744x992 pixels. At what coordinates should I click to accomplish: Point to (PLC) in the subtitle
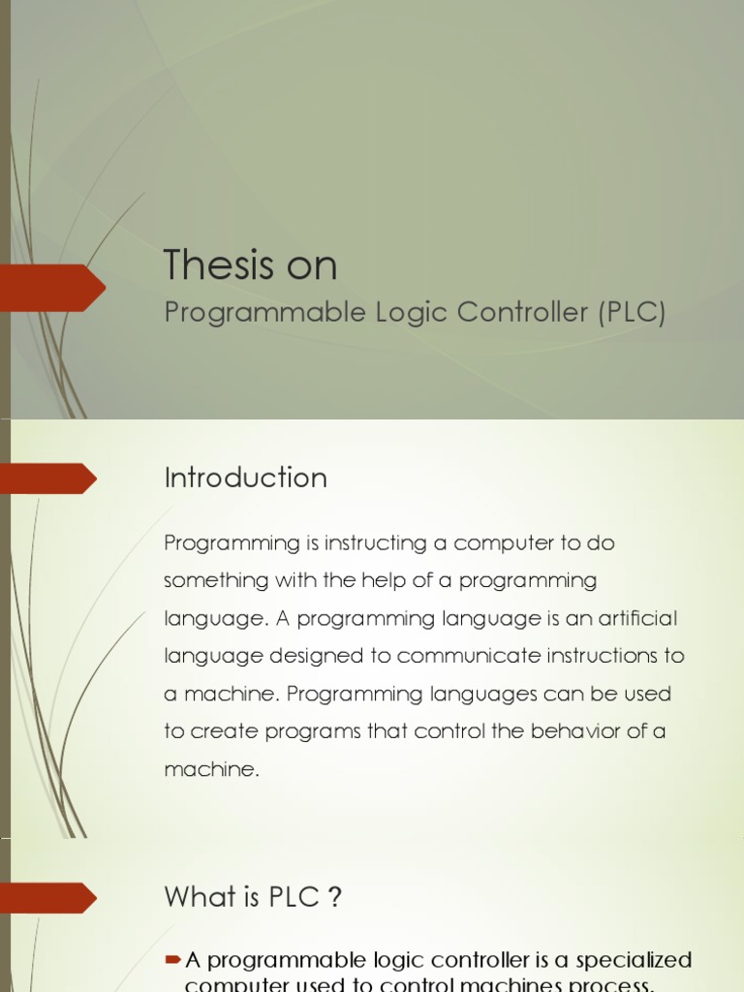click(x=632, y=313)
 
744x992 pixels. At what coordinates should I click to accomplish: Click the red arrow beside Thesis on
click(x=53, y=288)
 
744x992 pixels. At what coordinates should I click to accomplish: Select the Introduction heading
click(x=245, y=478)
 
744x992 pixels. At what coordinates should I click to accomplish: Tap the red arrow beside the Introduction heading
click(x=48, y=479)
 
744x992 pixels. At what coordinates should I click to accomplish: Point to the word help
click(x=389, y=580)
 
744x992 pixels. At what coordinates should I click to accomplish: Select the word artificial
click(x=636, y=618)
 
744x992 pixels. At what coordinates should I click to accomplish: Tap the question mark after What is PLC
click(x=335, y=897)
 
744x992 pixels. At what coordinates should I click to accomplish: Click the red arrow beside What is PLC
click(x=48, y=898)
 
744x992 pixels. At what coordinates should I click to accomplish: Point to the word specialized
click(x=634, y=960)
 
